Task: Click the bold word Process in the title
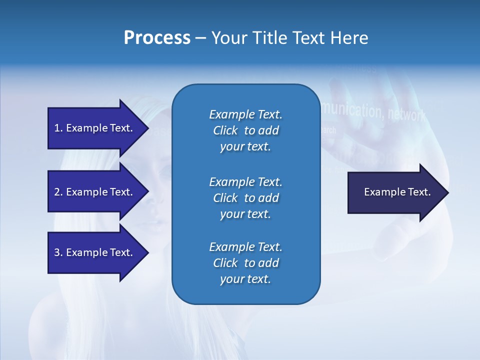click(x=157, y=38)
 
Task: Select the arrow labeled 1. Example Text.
click(x=93, y=128)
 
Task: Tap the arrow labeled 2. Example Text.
click(x=93, y=192)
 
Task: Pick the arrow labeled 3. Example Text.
click(x=93, y=252)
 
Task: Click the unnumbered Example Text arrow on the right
click(x=397, y=192)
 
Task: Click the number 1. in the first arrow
click(x=58, y=128)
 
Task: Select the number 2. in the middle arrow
click(x=58, y=192)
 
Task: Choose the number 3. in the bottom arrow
click(x=58, y=252)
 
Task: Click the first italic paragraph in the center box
click(x=245, y=130)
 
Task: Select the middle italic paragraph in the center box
click(x=245, y=198)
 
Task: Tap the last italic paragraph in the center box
click(x=245, y=263)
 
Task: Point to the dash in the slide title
click(x=200, y=38)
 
